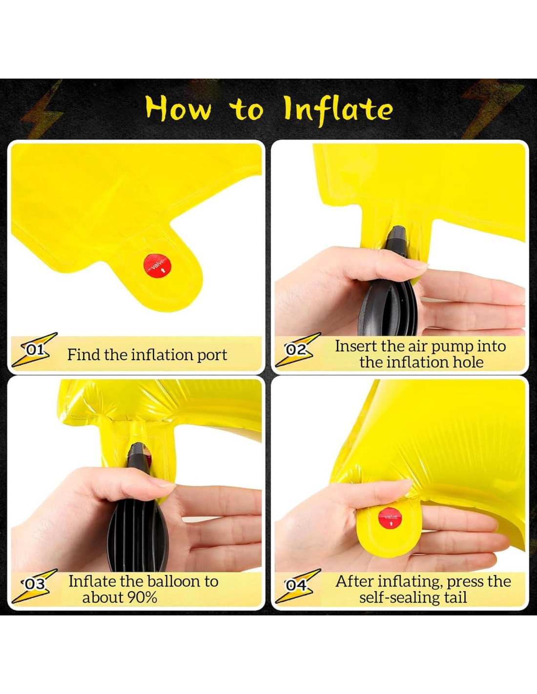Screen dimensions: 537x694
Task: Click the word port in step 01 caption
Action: tap(211, 355)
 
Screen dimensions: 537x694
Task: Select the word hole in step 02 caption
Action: tap(468, 363)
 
